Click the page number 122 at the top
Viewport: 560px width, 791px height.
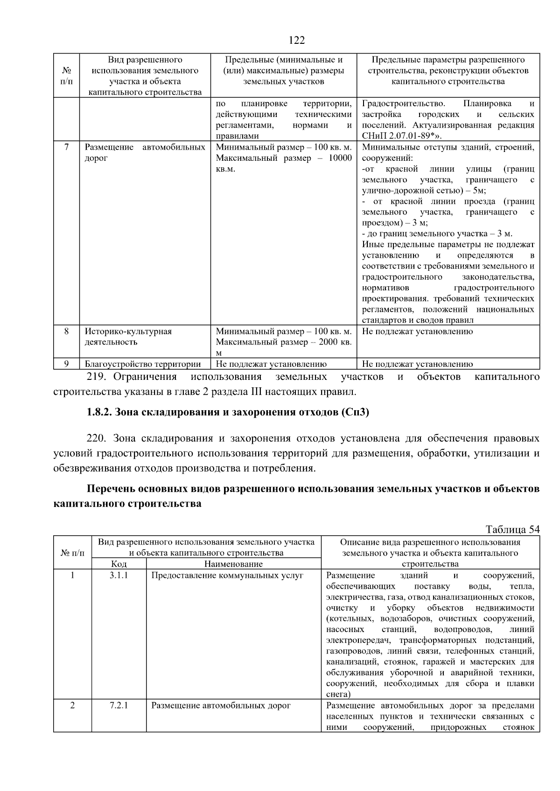pos(296,41)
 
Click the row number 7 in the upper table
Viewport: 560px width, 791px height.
pos(67,147)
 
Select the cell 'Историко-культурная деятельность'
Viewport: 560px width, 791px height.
pos(128,337)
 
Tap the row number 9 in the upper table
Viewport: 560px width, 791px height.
pos(67,364)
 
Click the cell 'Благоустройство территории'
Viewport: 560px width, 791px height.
pos(143,364)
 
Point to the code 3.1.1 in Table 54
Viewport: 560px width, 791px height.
pos(119,575)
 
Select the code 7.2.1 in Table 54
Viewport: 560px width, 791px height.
pos(119,705)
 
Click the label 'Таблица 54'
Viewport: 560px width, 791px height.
pos(512,530)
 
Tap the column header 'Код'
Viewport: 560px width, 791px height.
pos(119,564)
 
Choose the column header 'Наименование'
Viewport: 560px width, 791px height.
pos(233,564)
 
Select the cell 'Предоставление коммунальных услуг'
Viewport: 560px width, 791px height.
pos(227,575)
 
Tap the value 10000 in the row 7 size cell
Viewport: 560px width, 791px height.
pos(340,158)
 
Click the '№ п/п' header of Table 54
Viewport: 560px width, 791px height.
pos(72,553)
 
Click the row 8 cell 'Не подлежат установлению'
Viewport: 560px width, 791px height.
pos(417,331)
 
